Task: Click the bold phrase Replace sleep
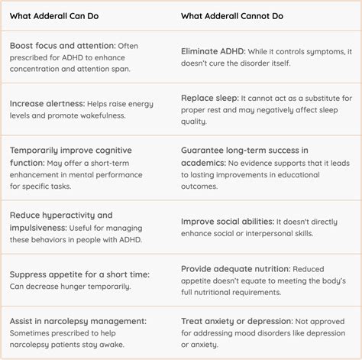click(210, 98)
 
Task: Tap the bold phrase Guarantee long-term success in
click(244, 151)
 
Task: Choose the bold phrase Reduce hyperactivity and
click(61, 216)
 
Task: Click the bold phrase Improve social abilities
click(227, 221)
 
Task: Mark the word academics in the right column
click(204, 163)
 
